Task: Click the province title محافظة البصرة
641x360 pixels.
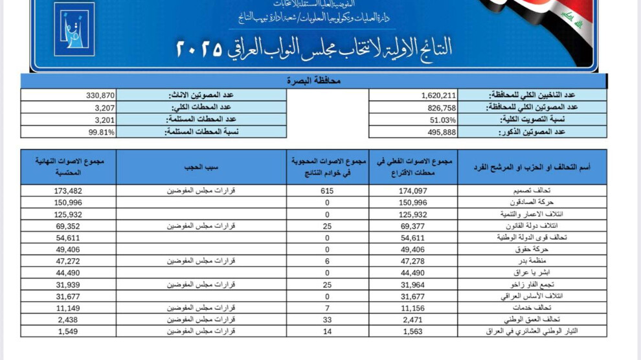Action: pos(313,81)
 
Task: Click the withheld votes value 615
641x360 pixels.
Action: pos(327,190)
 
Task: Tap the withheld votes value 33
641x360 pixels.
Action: pos(327,320)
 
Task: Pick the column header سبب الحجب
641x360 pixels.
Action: pos(201,166)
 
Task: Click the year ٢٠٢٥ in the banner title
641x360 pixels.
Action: pos(199,48)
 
